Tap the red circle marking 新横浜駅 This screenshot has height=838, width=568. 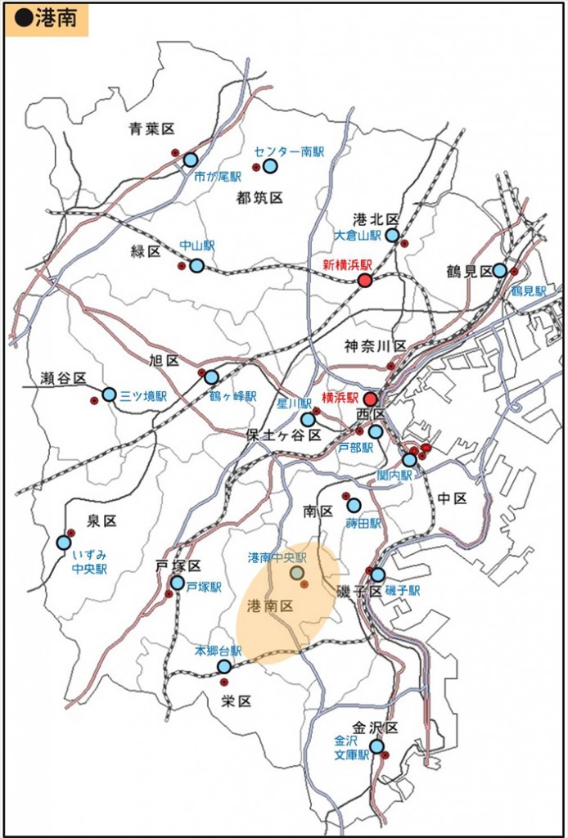click(365, 281)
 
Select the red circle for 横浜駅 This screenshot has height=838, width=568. click(370, 399)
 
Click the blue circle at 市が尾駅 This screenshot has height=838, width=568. click(191, 160)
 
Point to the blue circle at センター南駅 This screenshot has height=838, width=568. click(270, 166)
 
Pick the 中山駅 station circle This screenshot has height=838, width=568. click(197, 265)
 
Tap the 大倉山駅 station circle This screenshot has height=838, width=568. click(392, 236)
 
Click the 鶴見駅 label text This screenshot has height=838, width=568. click(528, 291)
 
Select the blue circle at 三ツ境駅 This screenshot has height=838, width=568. click(109, 394)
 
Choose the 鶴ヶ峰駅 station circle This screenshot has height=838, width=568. click(211, 377)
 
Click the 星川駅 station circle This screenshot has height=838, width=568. click(308, 420)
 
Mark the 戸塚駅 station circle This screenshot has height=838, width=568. click(178, 583)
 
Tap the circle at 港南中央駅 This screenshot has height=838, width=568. click(297, 573)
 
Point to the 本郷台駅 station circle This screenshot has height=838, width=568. click(223, 666)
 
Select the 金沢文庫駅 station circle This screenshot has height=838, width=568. click(376, 746)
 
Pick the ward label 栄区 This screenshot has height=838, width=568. click(236, 701)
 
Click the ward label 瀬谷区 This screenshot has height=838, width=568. click(63, 378)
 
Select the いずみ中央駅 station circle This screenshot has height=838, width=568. click(64, 543)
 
